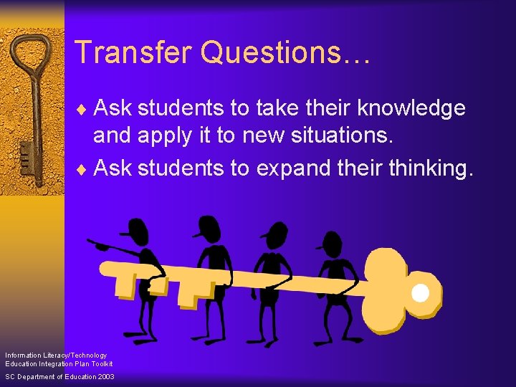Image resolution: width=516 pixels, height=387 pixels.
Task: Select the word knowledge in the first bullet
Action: (x=411, y=108)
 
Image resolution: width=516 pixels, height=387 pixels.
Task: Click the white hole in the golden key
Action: (x=420, y=292)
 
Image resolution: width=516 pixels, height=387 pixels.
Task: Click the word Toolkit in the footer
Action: (x=102, y=364)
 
